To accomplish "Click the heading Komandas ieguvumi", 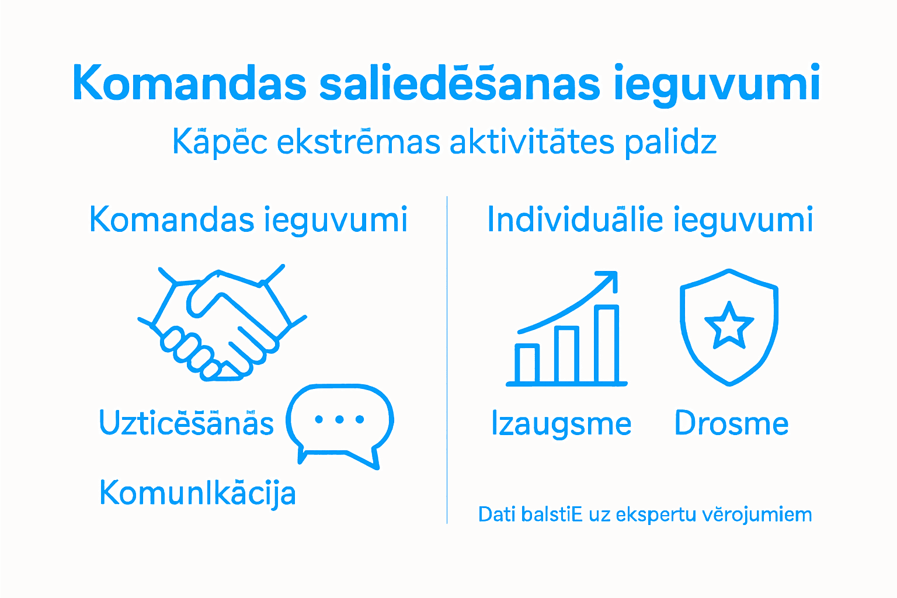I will click(x=248, y=220).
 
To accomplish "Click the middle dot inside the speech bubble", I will click(x=339, y=419).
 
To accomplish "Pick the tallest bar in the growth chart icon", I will click(x=607, y=345).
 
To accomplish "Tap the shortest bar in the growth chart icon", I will click(x=528, y=364).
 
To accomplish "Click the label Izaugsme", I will click(x=561, y=425).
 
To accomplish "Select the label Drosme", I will click(x=731, y=423).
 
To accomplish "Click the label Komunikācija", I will click(x=197, y=493).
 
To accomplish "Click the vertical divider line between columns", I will click(x=447, y=359).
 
